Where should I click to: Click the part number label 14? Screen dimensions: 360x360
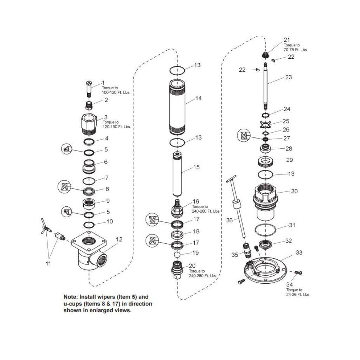(x=199, y=98)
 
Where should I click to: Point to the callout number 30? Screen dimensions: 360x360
(x=294, y=192)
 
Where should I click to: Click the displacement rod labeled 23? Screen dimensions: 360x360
(x=266, y=86)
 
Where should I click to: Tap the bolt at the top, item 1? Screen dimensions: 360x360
(x=88, y=89)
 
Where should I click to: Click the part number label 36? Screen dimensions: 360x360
(x=230, y=220)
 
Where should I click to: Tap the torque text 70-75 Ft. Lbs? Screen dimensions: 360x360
(x=295, y=50)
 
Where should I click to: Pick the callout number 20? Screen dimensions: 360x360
(x=192, y=265)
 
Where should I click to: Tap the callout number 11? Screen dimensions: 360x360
(x=48, y=263)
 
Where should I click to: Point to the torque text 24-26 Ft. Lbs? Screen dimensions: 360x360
(x=298, y=294)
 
